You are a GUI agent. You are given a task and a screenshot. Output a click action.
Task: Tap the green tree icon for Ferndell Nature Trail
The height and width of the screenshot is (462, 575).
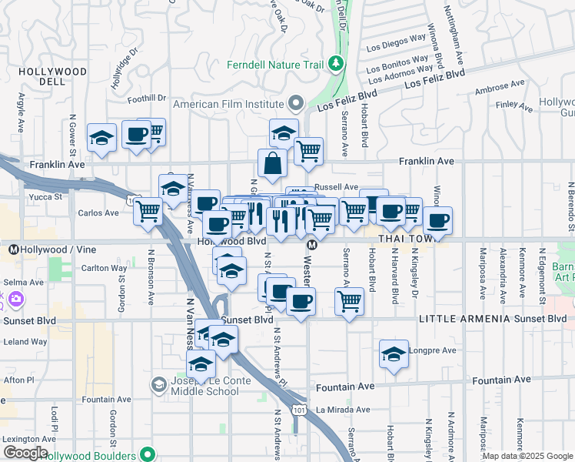coord(335,63)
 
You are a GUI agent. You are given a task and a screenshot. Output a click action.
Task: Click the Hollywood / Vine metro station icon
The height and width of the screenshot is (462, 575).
coord(13,249)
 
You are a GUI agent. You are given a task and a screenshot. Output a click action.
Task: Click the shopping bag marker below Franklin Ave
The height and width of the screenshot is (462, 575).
coord(272,164)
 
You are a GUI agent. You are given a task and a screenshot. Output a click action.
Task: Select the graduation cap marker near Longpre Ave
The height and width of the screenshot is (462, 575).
coord(394,355)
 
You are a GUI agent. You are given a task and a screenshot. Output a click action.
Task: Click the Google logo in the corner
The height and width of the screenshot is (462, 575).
coord(25,454)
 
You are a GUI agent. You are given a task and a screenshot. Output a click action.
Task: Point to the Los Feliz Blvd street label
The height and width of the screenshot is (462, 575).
coord(434,77)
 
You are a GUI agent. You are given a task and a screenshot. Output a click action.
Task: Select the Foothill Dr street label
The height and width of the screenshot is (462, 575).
coord(146,99)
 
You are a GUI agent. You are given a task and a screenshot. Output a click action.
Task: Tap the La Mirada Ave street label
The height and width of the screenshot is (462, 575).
coord(343,410)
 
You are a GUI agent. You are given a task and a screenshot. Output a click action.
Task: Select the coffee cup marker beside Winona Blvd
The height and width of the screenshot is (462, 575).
coord(438,221)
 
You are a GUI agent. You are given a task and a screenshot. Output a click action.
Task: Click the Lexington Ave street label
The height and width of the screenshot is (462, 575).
coord(30,439)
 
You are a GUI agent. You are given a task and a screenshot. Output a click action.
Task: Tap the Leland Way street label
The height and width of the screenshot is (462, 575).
coord(25,342)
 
